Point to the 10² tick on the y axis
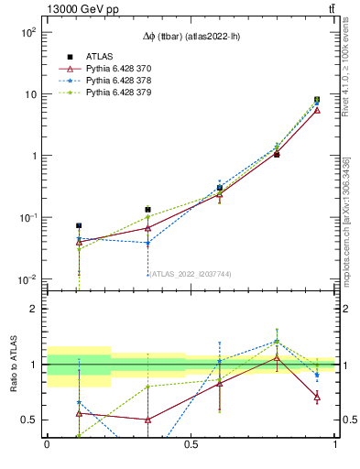click(x=27, y=32)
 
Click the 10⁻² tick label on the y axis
click(x=27, y=279)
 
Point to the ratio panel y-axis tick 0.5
click(x=28, y=420)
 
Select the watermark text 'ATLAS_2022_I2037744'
click(x=191, y=273)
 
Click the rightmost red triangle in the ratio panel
click(x=317, y=397)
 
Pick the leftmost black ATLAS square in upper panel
click(x=79, y=225)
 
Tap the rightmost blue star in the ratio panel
click(x=317, y=375)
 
